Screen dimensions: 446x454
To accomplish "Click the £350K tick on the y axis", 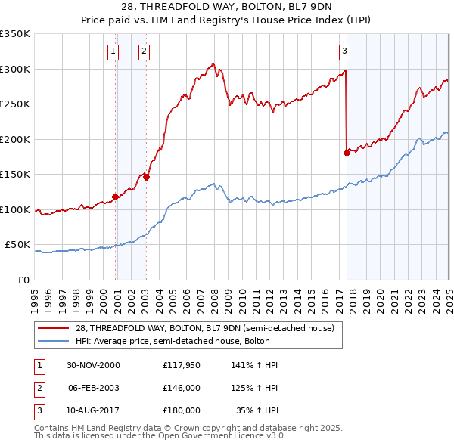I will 15,34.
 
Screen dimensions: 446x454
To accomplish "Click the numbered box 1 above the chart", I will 113,51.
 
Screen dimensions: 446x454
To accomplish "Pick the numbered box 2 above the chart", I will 143,51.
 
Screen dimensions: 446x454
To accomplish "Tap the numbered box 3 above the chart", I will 344,51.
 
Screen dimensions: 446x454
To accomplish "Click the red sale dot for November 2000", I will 116,197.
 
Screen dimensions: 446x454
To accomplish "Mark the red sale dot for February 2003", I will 146,178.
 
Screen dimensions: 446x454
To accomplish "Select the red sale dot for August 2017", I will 347,153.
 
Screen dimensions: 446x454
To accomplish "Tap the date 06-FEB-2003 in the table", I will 94,388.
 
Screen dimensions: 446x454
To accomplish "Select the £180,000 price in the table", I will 182,410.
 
